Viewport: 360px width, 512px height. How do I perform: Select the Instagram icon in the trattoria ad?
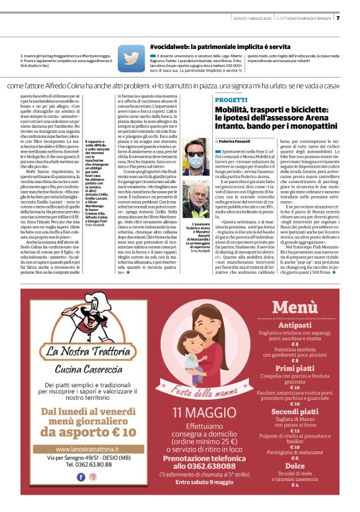92,477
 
